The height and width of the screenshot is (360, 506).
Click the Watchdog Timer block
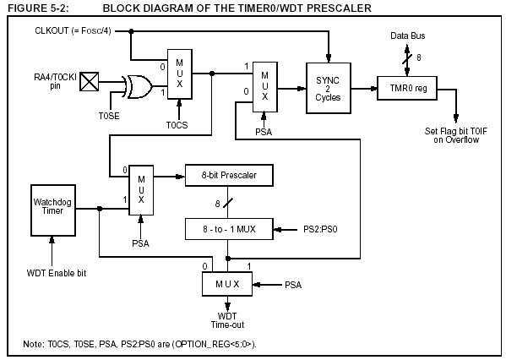[x=53, y=210]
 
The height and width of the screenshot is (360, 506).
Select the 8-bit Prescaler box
[x=229, y=175]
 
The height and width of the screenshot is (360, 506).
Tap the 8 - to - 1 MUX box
[x=229, y=229]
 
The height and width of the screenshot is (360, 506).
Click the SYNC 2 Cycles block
[x=329, y=88]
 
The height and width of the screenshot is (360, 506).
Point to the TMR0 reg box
[x=407, y=88]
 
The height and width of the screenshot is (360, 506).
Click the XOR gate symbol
[x=137, y=87]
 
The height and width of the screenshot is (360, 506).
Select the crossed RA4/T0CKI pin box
[x=90, y=82]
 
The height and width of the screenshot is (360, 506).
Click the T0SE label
[x=109, y=116]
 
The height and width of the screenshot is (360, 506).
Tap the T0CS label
[x=177, y=125]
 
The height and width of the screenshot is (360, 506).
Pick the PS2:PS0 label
[x=320, y=229]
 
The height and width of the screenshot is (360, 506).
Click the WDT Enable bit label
[x=57, y=273]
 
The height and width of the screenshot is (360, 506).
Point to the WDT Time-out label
[x=227, y=320]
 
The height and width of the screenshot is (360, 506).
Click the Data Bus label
[x=407, y=35]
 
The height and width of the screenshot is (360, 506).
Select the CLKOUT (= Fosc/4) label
[x=73, y=31]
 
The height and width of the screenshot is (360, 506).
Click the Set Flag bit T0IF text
[x=455, y=131]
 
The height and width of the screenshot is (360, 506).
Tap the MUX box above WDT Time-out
[x=227, y=284]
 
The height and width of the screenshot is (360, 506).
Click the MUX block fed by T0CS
[x=180, y=74]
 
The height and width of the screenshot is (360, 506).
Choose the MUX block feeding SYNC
[x=265, y=87]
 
